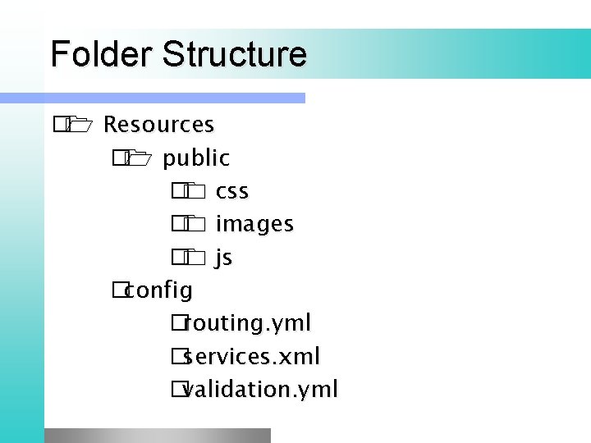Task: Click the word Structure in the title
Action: click(x=235, y=54)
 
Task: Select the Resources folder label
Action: click(x=159, y=125)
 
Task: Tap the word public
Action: click(x=196, y=158)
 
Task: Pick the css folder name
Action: click(x=232, y=191)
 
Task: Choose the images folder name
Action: click(x=254, y=224)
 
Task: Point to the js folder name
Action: click(x=224, y=258)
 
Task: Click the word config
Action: click(x=159, y=290)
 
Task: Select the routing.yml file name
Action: click(x=247, y=323)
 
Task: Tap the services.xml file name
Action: click(x=251, y=357)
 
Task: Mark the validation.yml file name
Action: click(x=260, y=389)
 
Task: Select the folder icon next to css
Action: click(x=195, y=192)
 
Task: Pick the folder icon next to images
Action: click(x=195, y=225)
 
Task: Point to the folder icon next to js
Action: click(x=195, y=258)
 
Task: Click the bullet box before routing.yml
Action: click(x=178, y=324)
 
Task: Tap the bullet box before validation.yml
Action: click(x=178, y=390)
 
